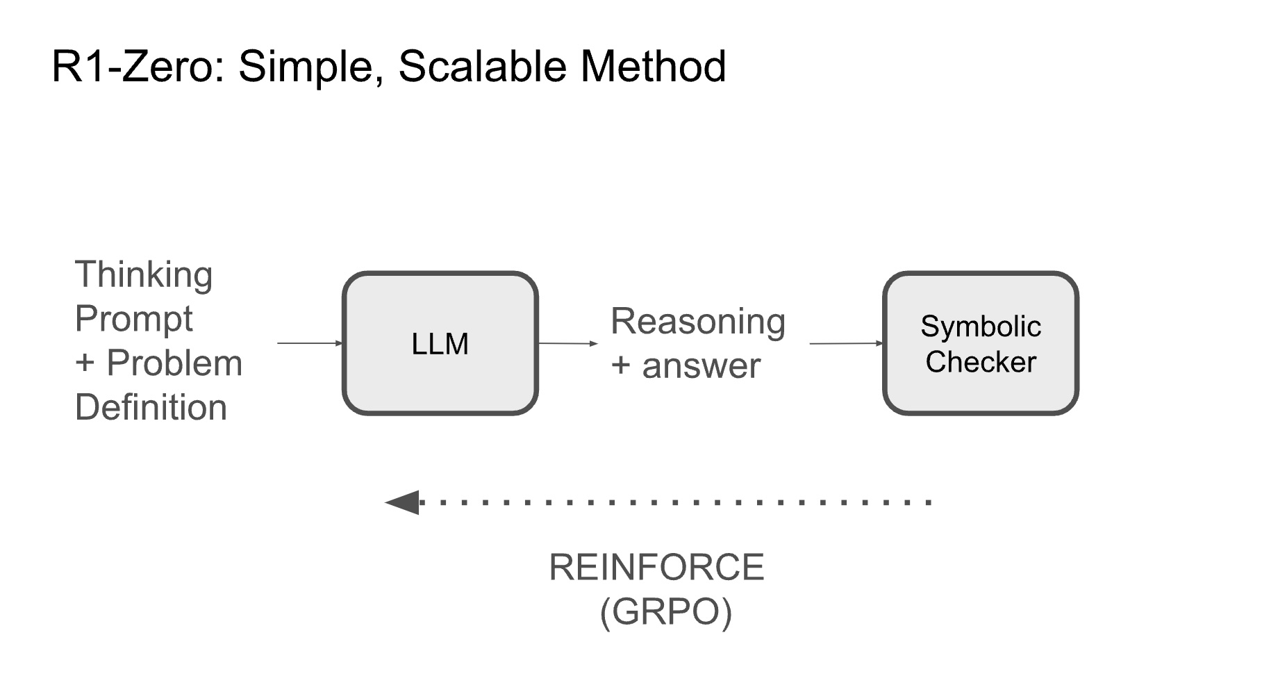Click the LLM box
point(440,343)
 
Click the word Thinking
point(143,275)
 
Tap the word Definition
point(151,407)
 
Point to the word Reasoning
point(697,322)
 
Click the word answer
point(701,365)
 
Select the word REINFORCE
point(656,568)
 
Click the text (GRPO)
point(665,612)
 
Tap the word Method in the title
point(653,67)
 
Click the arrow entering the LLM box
point(310,343)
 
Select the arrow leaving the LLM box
point(567,343)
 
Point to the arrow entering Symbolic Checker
point(846,343)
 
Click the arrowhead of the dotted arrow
point(403,502)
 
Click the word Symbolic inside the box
point(980,327)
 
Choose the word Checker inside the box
point(980,362)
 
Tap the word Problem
point(174,363)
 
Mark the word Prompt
point(133,320)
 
